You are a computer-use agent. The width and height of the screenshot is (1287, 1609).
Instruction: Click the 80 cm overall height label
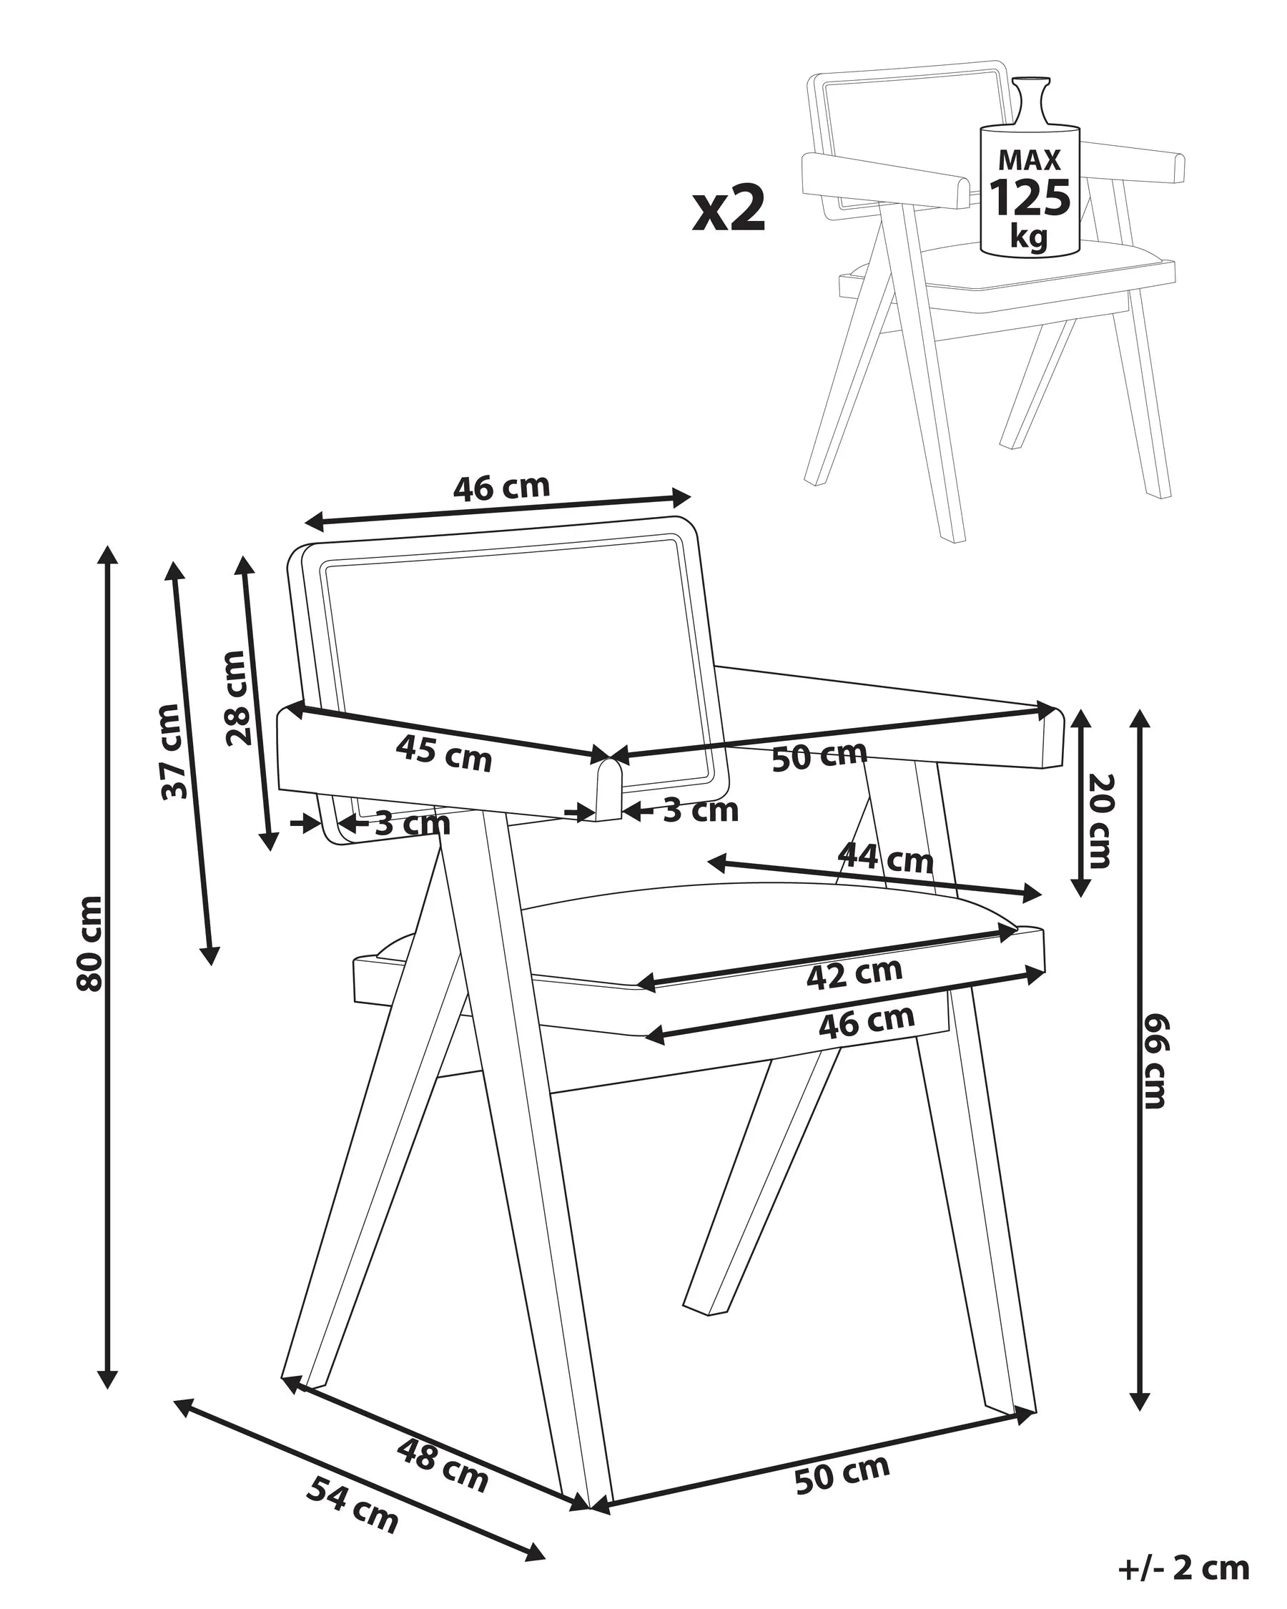pos(90,944)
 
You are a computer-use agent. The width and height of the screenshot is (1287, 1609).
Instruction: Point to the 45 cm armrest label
pos(443,752)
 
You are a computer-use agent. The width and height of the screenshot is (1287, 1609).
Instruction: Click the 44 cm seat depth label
pos(886,858)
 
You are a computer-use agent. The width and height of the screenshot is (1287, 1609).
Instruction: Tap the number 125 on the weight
pos(1030,198)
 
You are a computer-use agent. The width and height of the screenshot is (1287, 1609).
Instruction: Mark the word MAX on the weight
pos(1030,159)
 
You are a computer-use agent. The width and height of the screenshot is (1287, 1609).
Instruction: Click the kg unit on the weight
pos(1030,237)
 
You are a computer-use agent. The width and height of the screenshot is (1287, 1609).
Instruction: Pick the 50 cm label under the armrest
pos(819,756)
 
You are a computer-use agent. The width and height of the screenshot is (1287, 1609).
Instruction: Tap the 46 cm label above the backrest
pos(501,487)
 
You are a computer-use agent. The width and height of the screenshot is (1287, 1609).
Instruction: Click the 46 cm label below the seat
pos(866,1022)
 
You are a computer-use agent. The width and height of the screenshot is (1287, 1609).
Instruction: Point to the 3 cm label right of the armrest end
pos(701,810)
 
